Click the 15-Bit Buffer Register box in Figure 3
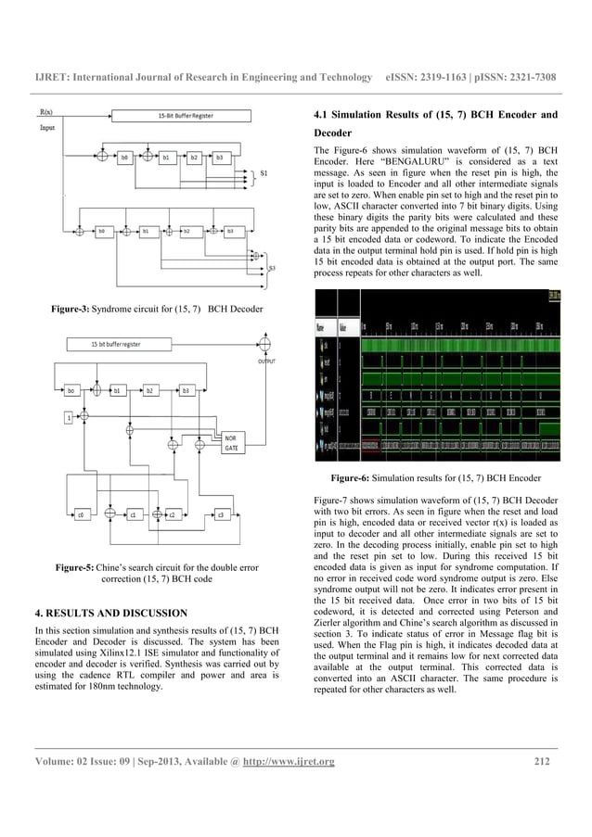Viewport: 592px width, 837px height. pyautogui.click(x=177, y=116)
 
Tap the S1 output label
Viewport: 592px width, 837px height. pyautogui.click(x=264, y=173)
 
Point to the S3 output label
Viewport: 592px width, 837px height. pyautogui.click(x=271, y=269)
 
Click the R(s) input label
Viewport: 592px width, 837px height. pyautogui.click(x=45, y=111)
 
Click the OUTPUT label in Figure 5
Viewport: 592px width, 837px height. pyautogui.click(x=266, y=363)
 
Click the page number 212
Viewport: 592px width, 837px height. pyautogui.click(x=543, y=763)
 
